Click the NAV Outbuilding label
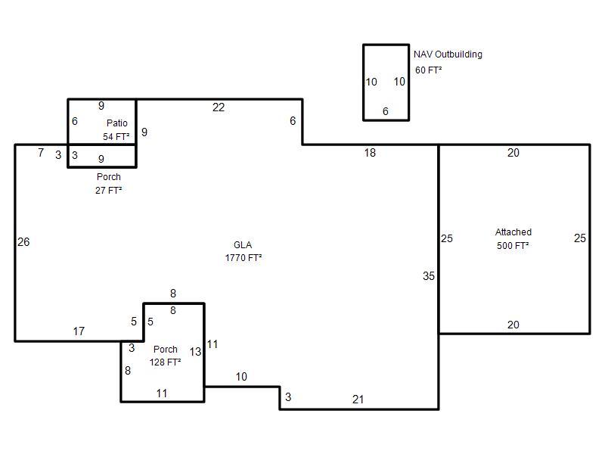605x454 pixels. pos(448,54)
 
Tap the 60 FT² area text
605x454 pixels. pos(428,70)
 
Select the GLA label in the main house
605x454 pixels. pos(243,244)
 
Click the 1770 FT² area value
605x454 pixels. pos(244,257)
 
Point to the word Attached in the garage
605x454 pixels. pos(513,232)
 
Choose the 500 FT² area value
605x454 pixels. pos(513,245)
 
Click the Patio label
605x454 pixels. pos(117,123)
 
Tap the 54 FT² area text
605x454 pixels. pos(116,137)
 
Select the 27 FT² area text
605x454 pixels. pos(109,191)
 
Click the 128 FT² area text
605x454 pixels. pos(165,362)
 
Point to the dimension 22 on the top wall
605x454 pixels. pos(219,107)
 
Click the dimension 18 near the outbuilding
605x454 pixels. pos(370,153)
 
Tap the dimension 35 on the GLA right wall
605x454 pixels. pos(429,276)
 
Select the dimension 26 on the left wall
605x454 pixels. pos(23,242)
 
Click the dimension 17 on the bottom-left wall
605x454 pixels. pos(79,331)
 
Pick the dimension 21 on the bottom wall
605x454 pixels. pos(358,400)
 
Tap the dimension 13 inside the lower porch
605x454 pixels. pos(195,352)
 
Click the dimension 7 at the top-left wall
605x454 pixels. pos(41,153)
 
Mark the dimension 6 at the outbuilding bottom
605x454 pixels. pos(386,111)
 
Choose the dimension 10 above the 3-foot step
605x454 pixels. pos(241,377)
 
